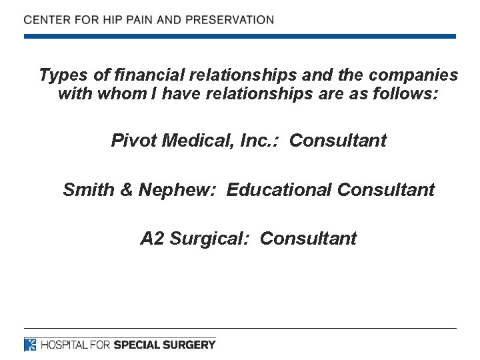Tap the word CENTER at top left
click(47, 19)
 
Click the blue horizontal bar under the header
click(240, 36)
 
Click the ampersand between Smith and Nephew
click(127, 190)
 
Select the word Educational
click(279, 190)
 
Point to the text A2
click(152, 239)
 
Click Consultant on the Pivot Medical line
click(338, 141)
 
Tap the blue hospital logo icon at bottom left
click(30, 345)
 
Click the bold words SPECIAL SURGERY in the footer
click(165, 345)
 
